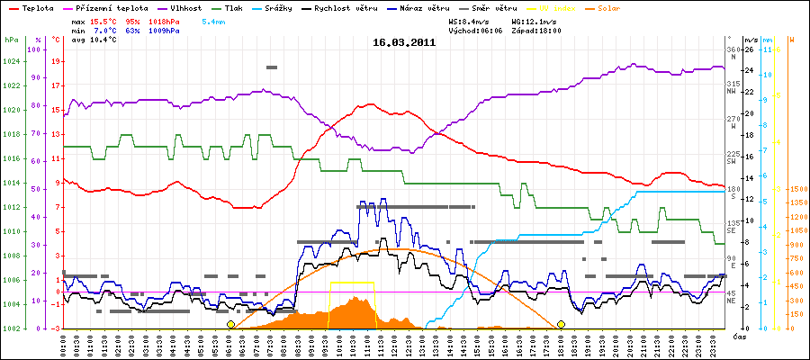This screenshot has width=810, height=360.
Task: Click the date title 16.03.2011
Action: point(405,41)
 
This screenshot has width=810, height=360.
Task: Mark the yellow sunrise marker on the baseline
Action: point(230,324)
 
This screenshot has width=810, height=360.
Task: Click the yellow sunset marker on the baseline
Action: point(561,324)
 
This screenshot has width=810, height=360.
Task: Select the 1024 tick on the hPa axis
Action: point(11,62)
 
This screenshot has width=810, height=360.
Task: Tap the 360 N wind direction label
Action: point(733,52)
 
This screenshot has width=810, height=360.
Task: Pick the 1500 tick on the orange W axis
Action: point(796,189)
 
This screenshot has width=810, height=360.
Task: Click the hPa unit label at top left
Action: point(11,40)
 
